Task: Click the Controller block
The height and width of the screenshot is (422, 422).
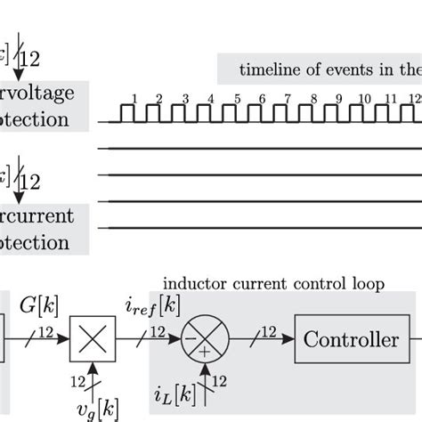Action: click(352, 340)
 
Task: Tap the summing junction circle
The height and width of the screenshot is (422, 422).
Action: click(206, 340)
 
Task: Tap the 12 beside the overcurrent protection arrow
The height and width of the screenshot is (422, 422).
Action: click(30, 182)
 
